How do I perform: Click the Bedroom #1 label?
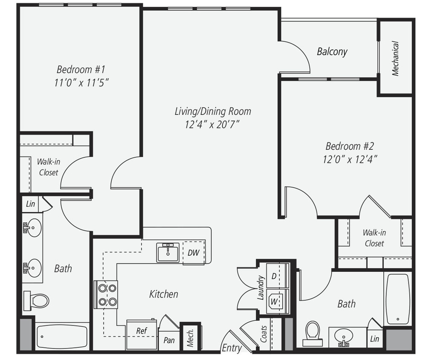(81, 69)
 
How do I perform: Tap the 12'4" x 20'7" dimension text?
(212, 125)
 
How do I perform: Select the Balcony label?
(332, 52)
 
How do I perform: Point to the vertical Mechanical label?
(395, 58)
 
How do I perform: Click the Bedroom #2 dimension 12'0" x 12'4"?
(350, 160)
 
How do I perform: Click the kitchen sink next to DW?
(168, 252)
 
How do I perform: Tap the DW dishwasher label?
(193, 253)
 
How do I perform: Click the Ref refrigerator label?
(141, 331)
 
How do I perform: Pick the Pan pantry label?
(169, 340)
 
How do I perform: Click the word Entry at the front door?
(232, 348)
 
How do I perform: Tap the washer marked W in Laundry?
(274, 301)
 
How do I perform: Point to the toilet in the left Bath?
(37, 301)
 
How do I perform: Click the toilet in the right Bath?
(313, 332)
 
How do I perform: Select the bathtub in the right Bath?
(397, 299)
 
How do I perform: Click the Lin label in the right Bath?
(374, 339)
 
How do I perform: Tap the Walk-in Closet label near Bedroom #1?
(48, 167)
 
